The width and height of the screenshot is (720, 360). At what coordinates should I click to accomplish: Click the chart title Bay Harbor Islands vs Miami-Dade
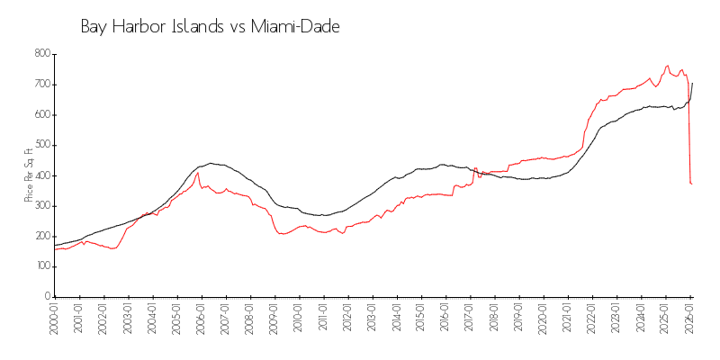(210, 27)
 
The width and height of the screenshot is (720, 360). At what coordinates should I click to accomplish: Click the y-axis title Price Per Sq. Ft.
(30, 175)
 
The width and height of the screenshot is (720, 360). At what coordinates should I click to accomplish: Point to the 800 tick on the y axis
(41, 54)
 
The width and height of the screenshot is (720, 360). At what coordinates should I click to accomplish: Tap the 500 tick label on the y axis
(41, 145)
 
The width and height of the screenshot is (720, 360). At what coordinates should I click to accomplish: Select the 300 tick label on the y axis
(41, 205)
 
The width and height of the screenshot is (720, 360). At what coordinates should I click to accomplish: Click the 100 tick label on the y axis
(41, 266)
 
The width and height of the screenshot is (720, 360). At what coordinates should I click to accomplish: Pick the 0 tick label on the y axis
(46, 296)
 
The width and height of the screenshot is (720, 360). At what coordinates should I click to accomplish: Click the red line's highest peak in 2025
(667, 66)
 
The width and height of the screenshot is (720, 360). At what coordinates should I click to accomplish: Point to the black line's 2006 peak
(211, 163)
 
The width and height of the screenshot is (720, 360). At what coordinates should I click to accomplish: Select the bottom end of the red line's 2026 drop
(692, 184)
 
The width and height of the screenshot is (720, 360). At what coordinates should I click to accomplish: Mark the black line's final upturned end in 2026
(692, 83)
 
